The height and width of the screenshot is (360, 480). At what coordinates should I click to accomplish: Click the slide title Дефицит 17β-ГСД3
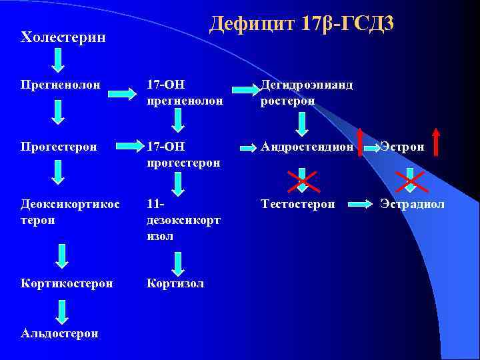pyautogui.click(x=301, y=23)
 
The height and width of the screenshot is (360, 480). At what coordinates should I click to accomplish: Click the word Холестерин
pyautogui.click(x=63, y=37)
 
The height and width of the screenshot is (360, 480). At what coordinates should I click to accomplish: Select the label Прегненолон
pyautogui.click(x=61, y=85)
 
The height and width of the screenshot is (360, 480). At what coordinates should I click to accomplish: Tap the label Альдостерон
pyautogui.click(x=59, y=333)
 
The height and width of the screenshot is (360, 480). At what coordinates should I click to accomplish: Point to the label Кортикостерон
pyautogui.click(x=67, y=283)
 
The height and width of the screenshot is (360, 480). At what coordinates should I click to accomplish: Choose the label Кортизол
pyautogui.click(x=175, y=283)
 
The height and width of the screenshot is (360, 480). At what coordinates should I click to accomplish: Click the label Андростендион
pyautogui.click(x=307, y=146)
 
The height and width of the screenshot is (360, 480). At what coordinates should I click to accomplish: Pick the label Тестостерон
pyautogui.click(x=298, y=204)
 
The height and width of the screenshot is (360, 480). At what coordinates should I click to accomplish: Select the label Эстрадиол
pyautogui.click(x=412, y=204)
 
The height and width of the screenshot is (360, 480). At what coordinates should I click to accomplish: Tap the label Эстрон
pyautogui.click(x=402, y=146)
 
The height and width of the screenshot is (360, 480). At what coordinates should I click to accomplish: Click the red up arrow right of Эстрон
pyautogui.click(x=437, y=141)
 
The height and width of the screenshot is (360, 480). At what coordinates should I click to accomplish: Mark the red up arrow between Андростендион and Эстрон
pyautogui.click(x=361, y=141)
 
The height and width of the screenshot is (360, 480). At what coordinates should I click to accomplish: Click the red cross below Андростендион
pyautogui.click(x=301, y=178)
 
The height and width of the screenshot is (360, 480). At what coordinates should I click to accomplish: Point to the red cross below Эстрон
pyautogui.click(x=411, y=178)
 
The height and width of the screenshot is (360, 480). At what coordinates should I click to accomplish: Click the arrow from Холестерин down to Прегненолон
pyautogui.click(x=59, y=60)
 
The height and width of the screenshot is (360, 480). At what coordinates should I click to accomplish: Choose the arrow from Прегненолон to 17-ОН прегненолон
pyautogui.click(x=123, y=93)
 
